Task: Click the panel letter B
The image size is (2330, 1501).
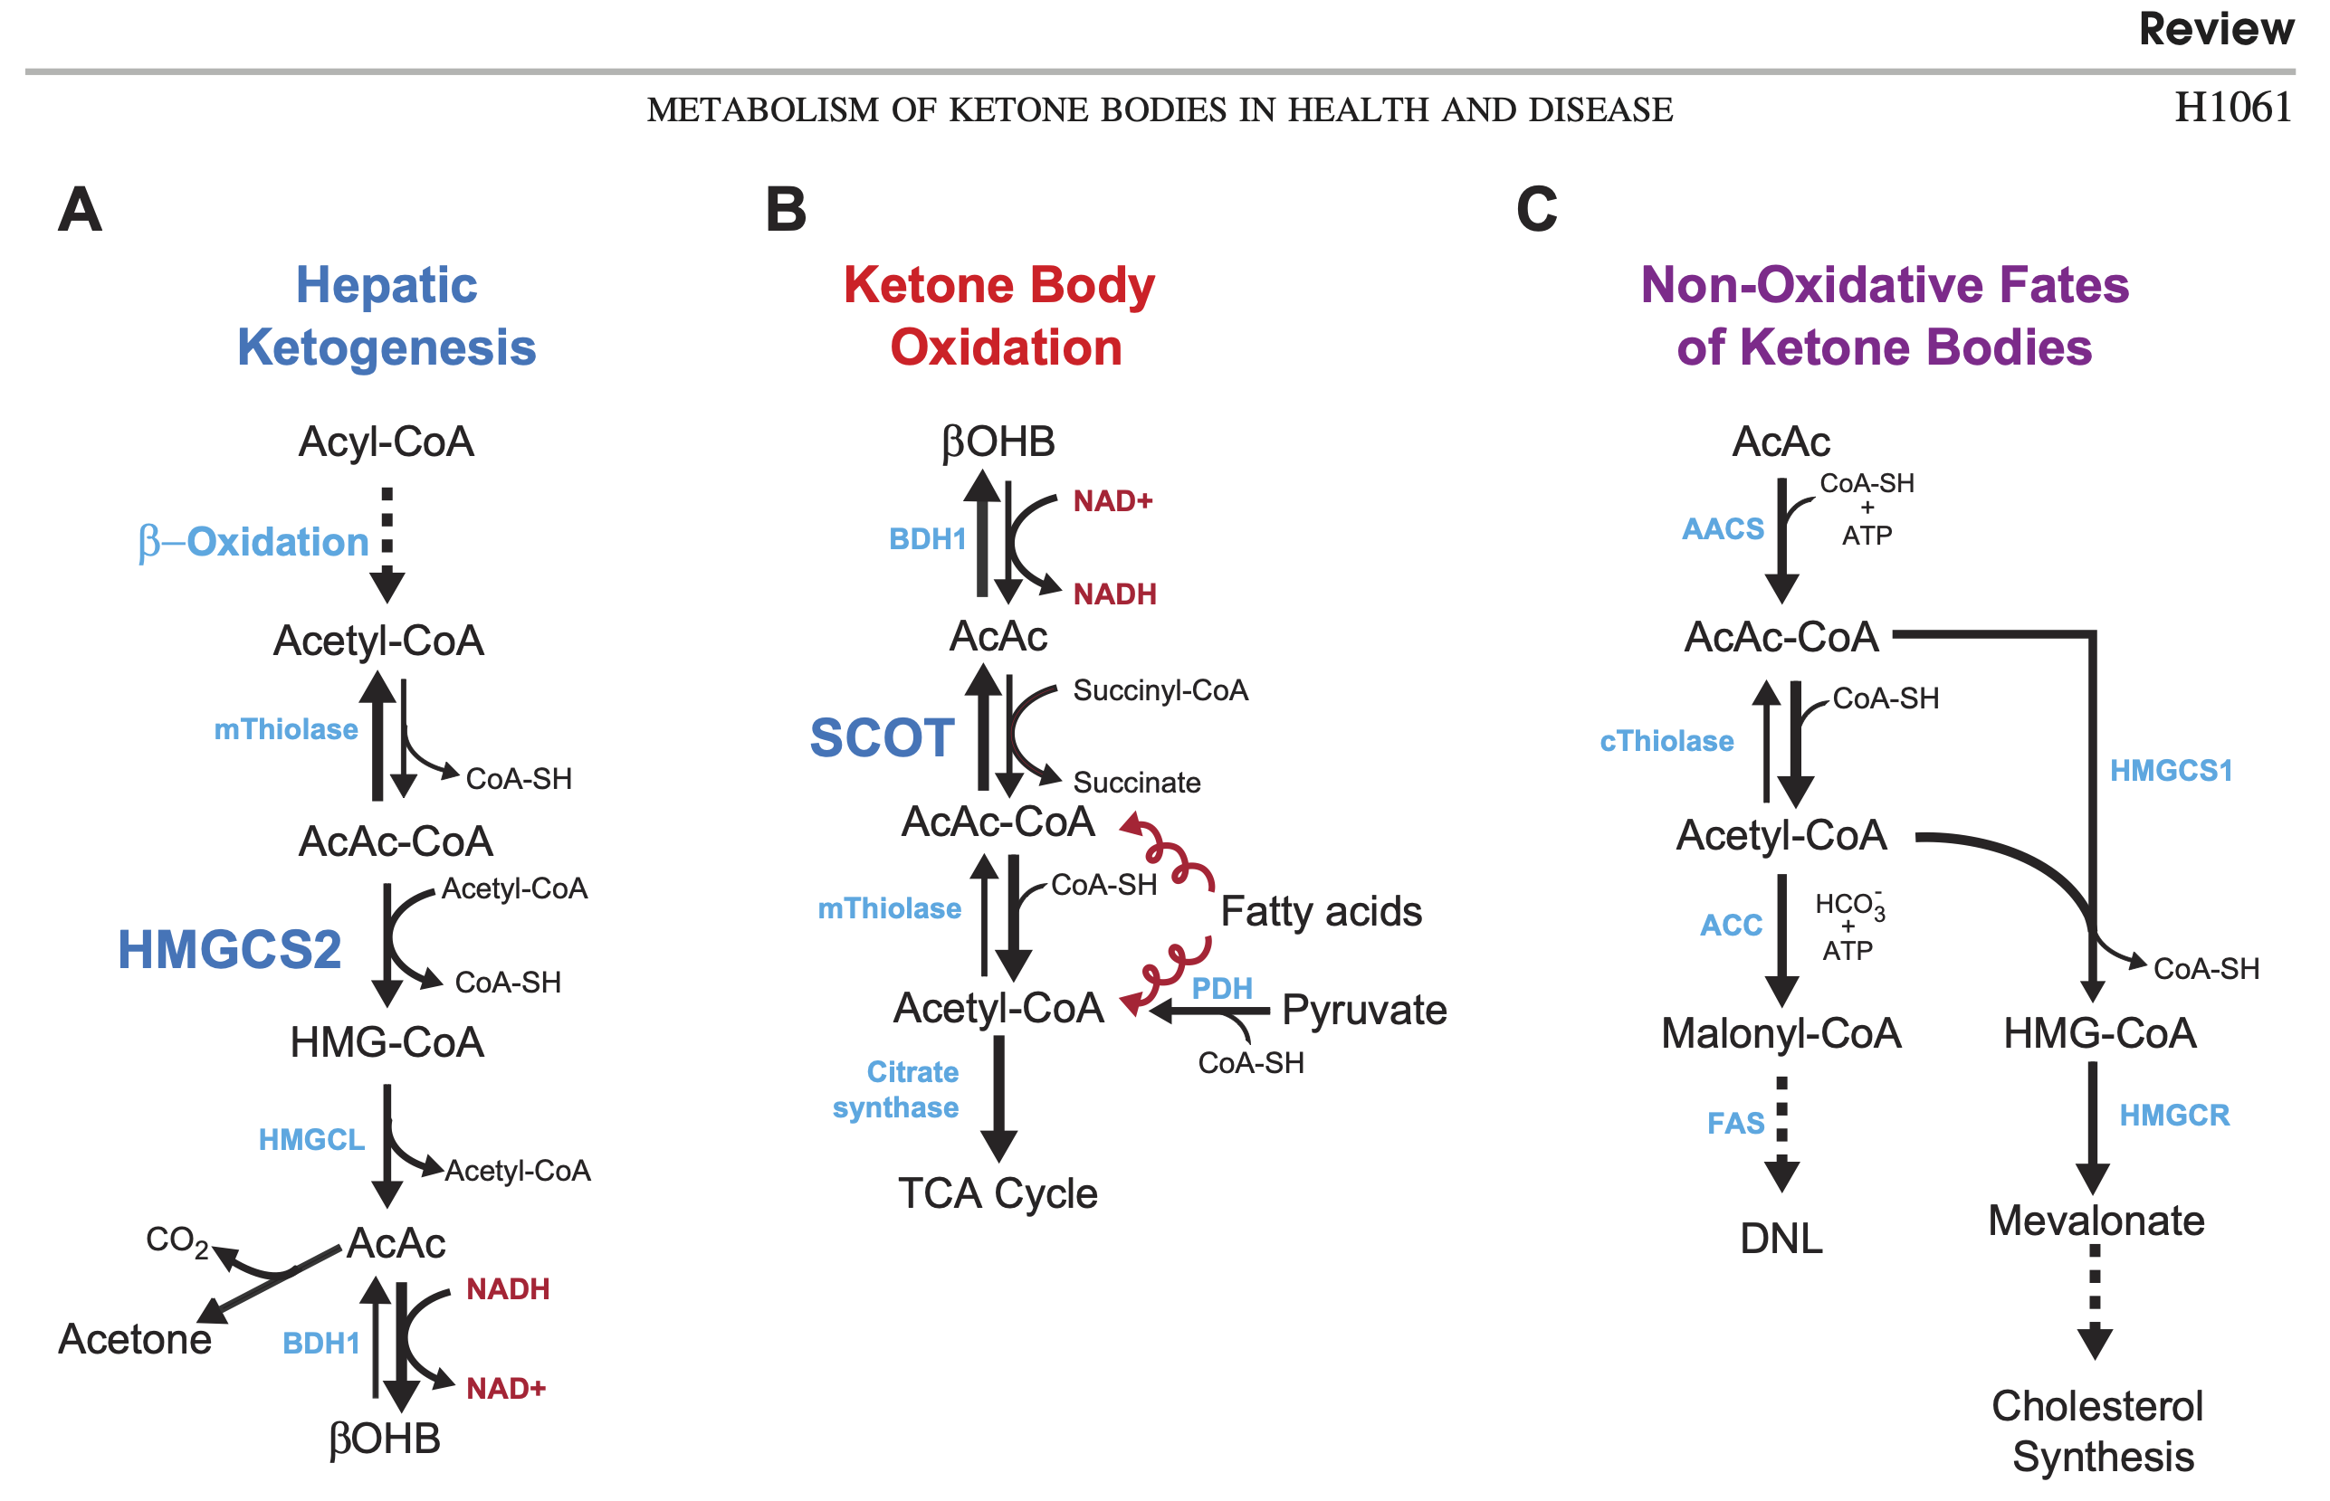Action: point(786,210)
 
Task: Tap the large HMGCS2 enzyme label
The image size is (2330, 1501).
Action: point(230,949)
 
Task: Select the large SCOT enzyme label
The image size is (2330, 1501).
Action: point(882,736)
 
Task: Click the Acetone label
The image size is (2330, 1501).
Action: point(135,1338)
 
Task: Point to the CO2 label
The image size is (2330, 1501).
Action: point(177,1240)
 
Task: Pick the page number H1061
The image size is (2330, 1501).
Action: point(2232,107)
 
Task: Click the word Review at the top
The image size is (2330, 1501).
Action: point(2216,28)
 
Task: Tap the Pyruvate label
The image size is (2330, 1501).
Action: point(1364,1011)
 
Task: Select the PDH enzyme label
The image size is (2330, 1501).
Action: point(1221,988)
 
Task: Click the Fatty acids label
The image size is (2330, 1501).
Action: point(1321,911)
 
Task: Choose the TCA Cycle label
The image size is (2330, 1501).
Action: point(998,1194)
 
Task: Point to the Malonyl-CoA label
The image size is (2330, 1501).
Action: point(1781,1033)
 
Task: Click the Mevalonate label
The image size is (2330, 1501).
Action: point(2096,1221)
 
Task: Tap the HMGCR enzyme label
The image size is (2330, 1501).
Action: point(2174,1115)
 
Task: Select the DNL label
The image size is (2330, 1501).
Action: point(1781,1239)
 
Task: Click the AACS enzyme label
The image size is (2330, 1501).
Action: point(1723,528)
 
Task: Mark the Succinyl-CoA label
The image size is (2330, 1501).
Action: point(1160,691)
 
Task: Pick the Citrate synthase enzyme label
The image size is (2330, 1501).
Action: point(896,1089)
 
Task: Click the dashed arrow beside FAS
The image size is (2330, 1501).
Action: point(1781,1134)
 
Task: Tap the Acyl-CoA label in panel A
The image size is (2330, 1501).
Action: point(386,442)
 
